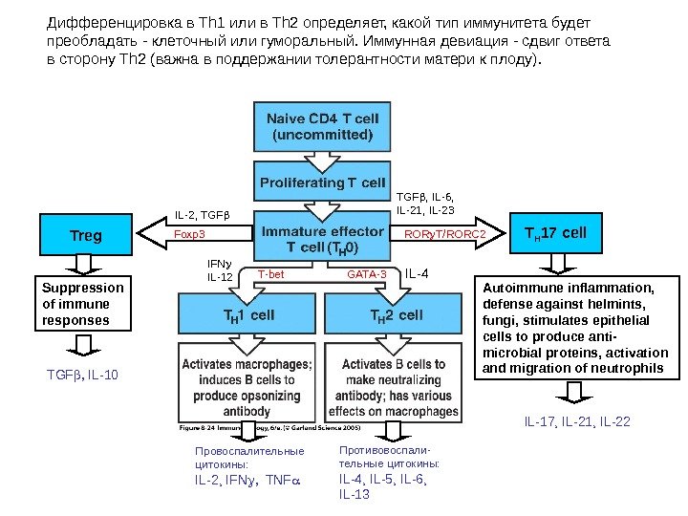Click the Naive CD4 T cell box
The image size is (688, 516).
click(322, 126)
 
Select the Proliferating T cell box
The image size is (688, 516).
click(322, 182)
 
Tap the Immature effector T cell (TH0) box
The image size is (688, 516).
click(322, 239)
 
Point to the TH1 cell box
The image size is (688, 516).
click(248, 313)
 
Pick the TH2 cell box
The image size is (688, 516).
click(396, 313)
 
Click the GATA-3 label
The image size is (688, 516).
click(367, 274)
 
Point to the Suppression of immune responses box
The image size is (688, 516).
click(84, 304)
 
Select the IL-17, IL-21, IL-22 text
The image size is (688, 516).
click(576, 421)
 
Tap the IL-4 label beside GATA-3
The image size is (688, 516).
click(417, 274)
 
